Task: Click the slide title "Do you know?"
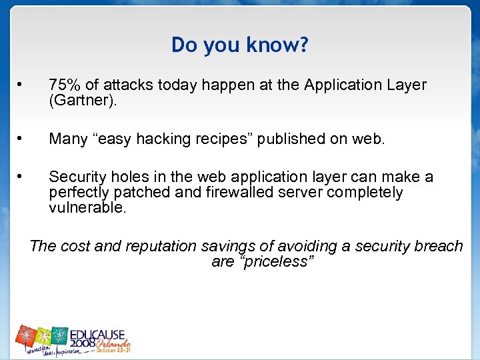coord(240,45)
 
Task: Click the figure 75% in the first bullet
coord(65,85)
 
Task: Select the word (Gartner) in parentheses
coord(85,101)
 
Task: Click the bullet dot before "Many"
coord(21,139)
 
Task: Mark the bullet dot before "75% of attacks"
coord(21,85)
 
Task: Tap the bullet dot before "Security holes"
coord(21,177)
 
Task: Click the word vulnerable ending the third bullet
coord(86,208)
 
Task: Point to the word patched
coord(139,193)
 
